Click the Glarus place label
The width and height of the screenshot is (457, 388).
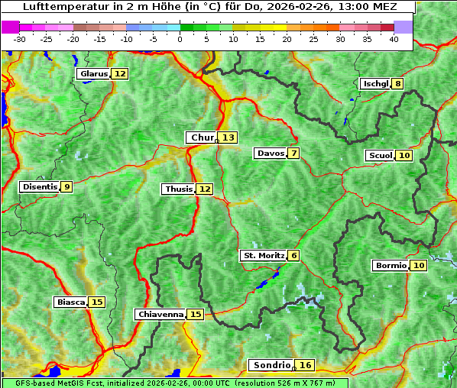tap(93, 74)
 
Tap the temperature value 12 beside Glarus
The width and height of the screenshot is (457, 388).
tap(120, 74)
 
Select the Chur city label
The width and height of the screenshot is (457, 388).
tap(202, 137)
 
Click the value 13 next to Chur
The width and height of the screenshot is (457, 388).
tap(228, 137)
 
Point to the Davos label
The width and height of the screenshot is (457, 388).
tap(271, 154)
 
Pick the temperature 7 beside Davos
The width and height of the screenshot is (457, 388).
tap(293, 154)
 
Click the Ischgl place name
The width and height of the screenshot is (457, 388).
tap(375, 83)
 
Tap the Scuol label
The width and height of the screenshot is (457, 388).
tap(380, 156)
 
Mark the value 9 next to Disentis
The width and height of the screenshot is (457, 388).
tap(67, 186)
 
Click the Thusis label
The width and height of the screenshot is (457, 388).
tap(178, 189)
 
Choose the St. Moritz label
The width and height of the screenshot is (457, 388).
tap(263, 255)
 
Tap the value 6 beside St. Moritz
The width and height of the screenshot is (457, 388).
tap(294, 255)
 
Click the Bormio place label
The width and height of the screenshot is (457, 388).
tap(390, 266)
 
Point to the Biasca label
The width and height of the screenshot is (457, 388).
tap(70, 302)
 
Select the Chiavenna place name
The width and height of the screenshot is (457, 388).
tap(160, 314)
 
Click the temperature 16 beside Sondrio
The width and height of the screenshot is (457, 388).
tap(306, 365)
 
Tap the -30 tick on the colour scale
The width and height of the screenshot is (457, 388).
tap(20, 38)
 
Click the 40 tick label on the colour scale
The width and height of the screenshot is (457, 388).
tap(394, 38)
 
